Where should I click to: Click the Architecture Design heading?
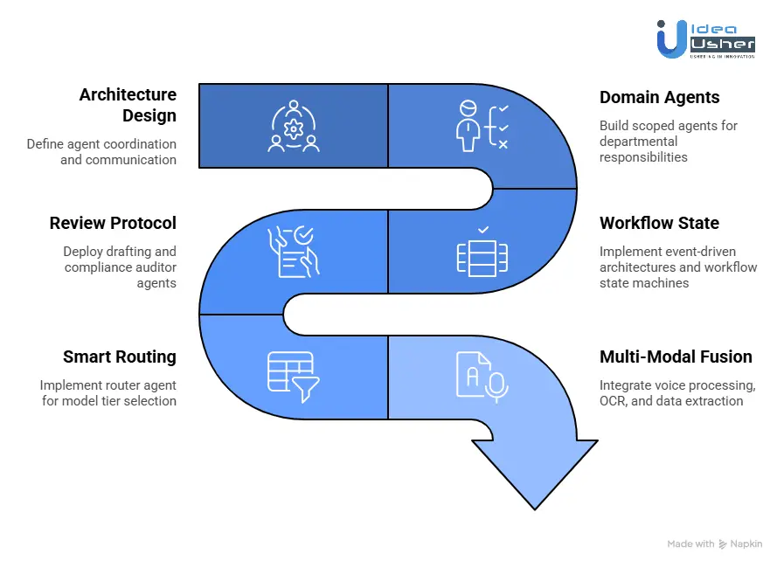pyautogui.click(x=128, y=105)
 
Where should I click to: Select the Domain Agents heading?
pyautogui.click(x=660, y=98)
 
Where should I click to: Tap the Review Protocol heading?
pyautogui.click(x=113, y=224)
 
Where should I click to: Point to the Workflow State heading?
pyautogui.click(x=659, y=224)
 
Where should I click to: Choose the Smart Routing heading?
pyautogui.click(x=120, y=357)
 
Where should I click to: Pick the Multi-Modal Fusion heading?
pyautogui.click(x=676, y=357)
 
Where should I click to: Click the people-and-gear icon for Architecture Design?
pyautogui.click(x=294, y=128)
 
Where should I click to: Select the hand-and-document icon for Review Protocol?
pyautogui.click(x=294, y=251)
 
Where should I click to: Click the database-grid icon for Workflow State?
pyautogui.click(x=482, y=252)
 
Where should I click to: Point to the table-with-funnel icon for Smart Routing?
pyautogui.click(x=293, y=377)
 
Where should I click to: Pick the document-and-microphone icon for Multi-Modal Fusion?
pyautogui.click(x=482, y=375)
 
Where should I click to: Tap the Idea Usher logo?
pyautogui.click(x=705, y=39)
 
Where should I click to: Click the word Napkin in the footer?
pyautogui.click(x=746, y=544)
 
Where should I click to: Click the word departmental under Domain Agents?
pyautogui.click(x=638, y=142)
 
